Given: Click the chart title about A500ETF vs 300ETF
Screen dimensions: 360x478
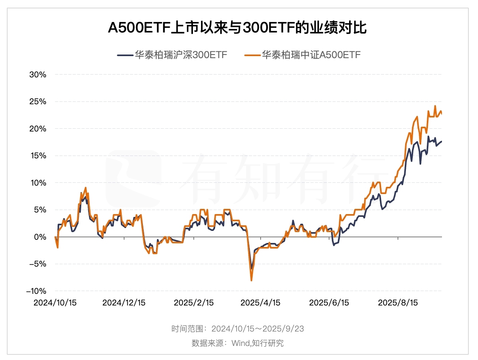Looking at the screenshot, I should [237, 29].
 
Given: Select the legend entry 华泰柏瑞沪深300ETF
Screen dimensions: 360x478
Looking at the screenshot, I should [173, 55].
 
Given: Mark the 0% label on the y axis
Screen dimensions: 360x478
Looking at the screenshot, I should [40, 237].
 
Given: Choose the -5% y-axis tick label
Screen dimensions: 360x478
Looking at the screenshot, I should [38, 264].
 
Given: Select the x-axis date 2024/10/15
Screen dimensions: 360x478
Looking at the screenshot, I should [55, 303].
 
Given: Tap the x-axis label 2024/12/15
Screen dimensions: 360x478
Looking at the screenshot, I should [124, 303].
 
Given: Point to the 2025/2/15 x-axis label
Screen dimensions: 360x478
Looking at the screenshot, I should [194, 303].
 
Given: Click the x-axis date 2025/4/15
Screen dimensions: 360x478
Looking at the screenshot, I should [261, 303].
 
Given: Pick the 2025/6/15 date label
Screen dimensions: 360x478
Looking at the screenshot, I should [329, 303].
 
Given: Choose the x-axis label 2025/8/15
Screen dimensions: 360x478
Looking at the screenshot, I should [398, 303].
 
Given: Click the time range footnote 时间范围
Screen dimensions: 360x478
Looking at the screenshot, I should [237, 329].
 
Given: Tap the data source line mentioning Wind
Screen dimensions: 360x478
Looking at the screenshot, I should [237, 343].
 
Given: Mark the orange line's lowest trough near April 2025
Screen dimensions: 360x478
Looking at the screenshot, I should [251, 280].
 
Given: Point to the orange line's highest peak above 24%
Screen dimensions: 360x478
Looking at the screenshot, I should [435, 106].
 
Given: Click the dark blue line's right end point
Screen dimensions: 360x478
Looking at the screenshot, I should [442, 141].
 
